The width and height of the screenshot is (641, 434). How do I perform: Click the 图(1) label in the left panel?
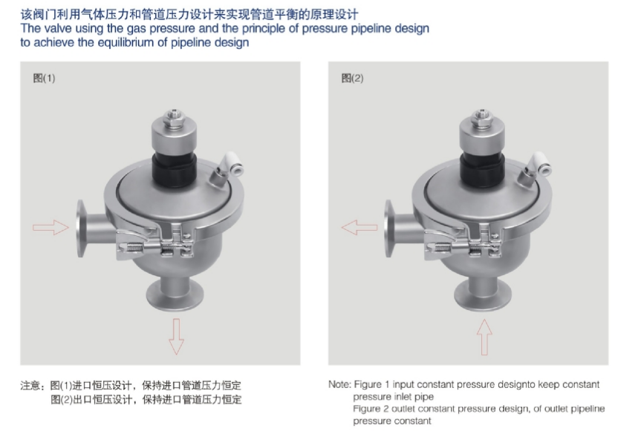(44, 78)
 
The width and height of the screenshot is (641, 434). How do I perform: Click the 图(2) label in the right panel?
(352, 78)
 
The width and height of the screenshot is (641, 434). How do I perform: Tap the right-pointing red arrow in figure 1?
(51, 228)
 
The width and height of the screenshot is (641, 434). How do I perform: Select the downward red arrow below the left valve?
(176, 336)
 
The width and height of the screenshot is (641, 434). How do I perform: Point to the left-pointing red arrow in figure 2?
(359, 228)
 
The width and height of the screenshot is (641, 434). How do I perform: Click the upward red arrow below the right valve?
(484, 337)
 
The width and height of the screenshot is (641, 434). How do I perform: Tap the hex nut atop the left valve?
(174, 119)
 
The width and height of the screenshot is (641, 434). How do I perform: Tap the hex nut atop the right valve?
(482, 119)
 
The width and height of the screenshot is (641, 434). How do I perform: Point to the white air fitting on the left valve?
(232, 165)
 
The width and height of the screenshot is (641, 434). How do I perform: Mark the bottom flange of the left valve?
(175, 296)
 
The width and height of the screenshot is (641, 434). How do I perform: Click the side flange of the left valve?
(82, 228)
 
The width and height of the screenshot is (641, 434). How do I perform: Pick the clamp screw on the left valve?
(135, 246)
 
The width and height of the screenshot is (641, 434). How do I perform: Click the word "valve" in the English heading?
(56, 29)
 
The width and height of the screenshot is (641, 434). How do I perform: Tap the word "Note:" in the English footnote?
(339, 384)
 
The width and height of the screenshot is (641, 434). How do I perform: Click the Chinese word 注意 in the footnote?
(30, 386)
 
